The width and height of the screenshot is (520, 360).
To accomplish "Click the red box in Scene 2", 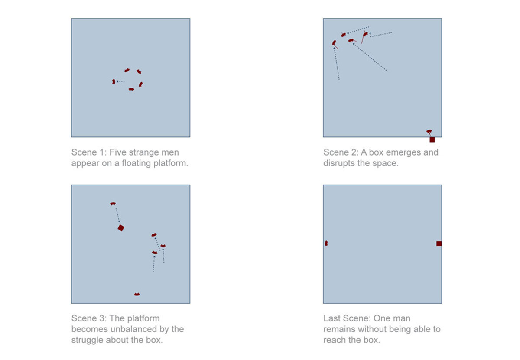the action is tap(432, 139).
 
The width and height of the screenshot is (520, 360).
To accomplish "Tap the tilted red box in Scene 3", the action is tap(121, 228).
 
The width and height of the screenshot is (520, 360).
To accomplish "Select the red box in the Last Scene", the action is tap(439, 244).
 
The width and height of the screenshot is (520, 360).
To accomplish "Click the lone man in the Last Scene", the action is tap(326, 243).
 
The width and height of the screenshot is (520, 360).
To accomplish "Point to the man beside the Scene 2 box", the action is tap(429, 132).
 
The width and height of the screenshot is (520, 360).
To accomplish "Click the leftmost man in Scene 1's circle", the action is tap(114, 82).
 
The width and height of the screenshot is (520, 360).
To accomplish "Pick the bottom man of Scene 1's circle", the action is tap(131, 89).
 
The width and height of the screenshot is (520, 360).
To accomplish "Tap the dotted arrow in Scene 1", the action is tap(120, 81).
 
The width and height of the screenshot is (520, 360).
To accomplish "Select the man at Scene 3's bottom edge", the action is tap(137, 294).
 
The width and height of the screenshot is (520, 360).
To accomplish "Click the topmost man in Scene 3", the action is tap(113, 204).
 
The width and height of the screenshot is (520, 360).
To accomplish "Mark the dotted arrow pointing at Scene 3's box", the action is tap(118, 215).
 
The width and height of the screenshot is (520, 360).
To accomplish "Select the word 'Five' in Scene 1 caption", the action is tap(118, 152).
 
